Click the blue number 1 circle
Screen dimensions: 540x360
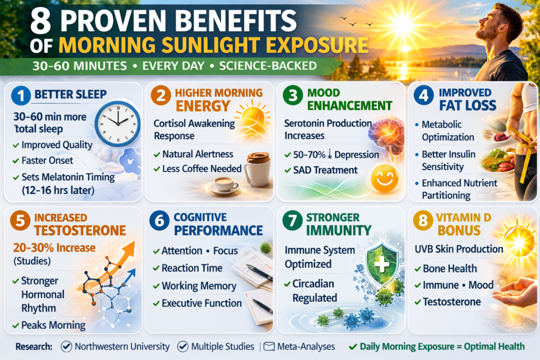(x=21, y=95)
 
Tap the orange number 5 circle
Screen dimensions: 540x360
(x=21, y=220)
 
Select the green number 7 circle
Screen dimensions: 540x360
(x=292, y=220)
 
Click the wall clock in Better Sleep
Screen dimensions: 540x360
(x=118, y=123)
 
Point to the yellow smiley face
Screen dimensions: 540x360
(x=384, y=178)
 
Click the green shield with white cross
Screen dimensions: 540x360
(x=382, y=262)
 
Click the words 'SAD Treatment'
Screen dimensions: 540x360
(x=325, y=170)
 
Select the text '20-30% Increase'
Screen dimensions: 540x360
(x=54, y=247)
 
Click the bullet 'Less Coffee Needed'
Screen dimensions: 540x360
(x=202, y=169)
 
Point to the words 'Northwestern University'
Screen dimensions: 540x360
(x=122, y=346)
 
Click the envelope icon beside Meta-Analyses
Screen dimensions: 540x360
(x=269, y=346)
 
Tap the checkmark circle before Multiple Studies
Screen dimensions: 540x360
(x=182, y=346)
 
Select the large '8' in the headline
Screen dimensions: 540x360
(x=41, y=21)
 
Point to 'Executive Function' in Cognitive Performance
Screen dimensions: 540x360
(x=201, y=303)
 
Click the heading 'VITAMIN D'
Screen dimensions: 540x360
(x=463, y=218)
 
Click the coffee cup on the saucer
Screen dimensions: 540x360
(x=224, y=185)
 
